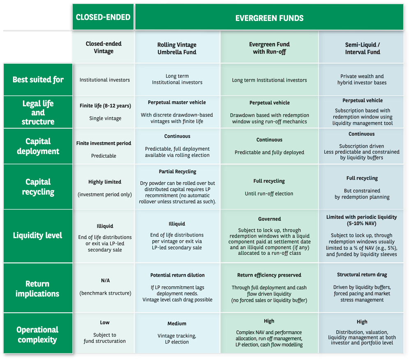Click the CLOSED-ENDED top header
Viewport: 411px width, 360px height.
(103, 17)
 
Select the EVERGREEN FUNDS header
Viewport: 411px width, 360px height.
(269, 18)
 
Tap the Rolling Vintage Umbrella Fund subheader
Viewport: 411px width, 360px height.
(177, 49)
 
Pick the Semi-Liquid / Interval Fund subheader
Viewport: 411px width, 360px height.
(363, 48)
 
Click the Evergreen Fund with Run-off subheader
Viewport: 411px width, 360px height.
(269, 48)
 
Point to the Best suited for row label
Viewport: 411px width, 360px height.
(38, 79)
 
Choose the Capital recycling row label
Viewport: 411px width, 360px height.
(38, 187)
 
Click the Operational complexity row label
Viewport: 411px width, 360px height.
(38, 334)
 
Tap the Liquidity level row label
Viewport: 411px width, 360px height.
(38, 235)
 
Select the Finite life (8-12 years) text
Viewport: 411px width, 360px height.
(105, 106)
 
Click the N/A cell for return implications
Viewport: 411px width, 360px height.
(105, 280)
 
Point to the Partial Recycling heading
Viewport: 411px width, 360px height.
(177, 172)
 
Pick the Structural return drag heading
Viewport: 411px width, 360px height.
(362, 274)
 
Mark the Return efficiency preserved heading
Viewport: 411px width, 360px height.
(269, 275)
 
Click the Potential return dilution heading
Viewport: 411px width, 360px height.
(177, 275)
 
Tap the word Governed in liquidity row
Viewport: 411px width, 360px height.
(269, 219)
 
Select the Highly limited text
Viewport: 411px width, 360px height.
(105, 182)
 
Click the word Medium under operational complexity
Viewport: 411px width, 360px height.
(177, 324)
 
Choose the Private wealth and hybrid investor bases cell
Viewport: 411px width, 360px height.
(362, 79)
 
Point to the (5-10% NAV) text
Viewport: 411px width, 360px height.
(362, 224)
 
